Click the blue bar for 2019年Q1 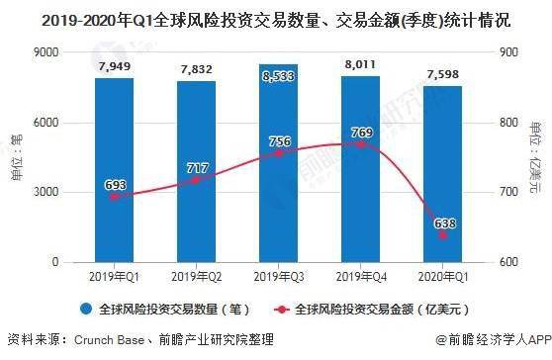pos(114,168)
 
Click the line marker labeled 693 pos(114,197)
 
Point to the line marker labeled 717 pos(197,180)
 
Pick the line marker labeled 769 pos(361,143)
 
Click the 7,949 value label pos(114,67)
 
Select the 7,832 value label pos(197,69)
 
